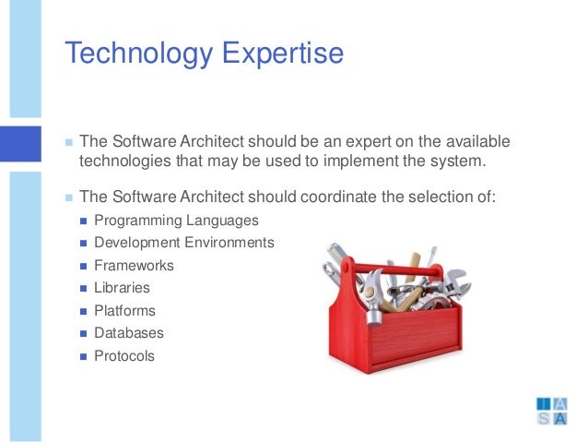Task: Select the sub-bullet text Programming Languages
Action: coord(176,221)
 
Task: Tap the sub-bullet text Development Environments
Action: coord(184,243)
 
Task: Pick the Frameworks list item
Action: coord(134,266)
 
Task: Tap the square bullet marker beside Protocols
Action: coord(84,356)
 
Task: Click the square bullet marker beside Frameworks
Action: coord(84,266)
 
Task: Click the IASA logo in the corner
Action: coord(551,412)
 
